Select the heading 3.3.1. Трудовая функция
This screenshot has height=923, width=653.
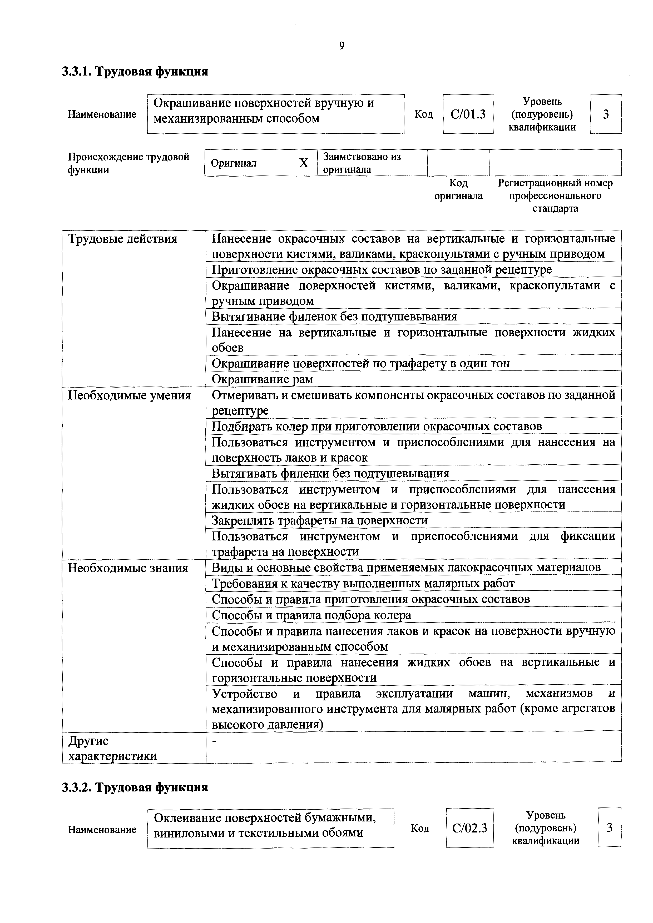[135, 72]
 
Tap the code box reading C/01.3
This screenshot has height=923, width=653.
[468, 114]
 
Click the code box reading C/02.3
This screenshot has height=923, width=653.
[469, 828]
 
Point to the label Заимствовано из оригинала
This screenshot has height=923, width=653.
[362, 163]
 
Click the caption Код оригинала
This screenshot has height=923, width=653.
[458, 189]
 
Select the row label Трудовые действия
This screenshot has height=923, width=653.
[122, 239]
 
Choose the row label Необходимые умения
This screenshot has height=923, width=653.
[129, 395]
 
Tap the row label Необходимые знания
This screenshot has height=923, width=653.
[128, 568]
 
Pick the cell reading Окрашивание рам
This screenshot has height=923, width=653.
[262, 379]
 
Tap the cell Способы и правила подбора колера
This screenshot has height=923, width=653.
[311, 615]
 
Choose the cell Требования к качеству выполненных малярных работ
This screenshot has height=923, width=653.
[363, 583]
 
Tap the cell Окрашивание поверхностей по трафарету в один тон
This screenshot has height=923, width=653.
[360, 363]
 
